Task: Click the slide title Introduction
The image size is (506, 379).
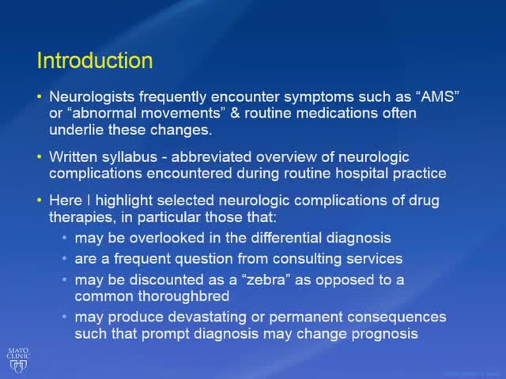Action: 95,61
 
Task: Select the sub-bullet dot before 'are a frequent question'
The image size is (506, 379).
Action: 65,258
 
